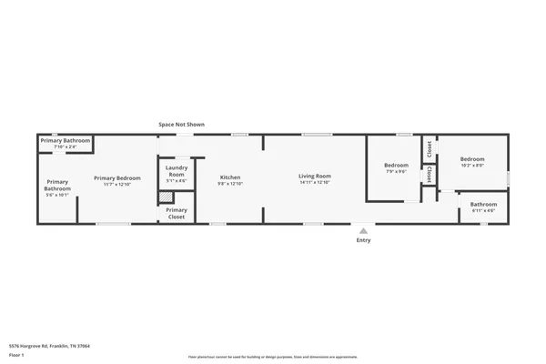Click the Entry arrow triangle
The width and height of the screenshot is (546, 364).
click(x=363, y=230)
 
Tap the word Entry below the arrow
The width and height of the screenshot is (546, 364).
click(x=363, y=240)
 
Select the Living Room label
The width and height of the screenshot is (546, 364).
click(x=315, y=176)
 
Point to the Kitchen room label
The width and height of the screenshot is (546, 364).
click(x=230, y=177)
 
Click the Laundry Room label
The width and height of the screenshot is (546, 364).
click(x=177, y=170)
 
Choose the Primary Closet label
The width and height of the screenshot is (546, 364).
click(x=176, y=213)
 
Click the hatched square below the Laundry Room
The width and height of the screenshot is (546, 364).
click(x=166, y=196)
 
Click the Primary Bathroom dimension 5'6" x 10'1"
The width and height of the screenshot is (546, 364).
click(x=57, y=195)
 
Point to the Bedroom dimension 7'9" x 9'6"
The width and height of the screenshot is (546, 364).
click(x=396, y=172)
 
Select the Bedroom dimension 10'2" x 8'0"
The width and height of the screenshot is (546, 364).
click(x=471, y=166)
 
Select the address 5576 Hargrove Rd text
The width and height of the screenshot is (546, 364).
click(x=49, y=346)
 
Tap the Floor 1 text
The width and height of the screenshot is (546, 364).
click(x=16, y=356)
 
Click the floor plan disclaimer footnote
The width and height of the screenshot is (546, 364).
click(x=273, y=357)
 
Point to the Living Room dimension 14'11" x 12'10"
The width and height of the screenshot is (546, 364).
click(x=315, y=183)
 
